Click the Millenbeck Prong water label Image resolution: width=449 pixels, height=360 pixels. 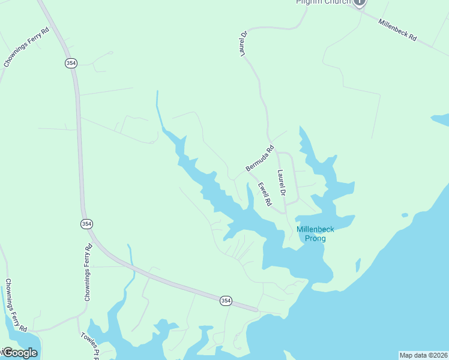click(315, 234)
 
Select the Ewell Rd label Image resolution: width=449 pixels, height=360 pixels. click(265, 194)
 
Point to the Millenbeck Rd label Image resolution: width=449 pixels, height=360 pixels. click(397, 29)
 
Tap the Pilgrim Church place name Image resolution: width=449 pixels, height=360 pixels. click(323, 2)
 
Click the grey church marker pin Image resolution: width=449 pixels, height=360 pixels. click(359, 2)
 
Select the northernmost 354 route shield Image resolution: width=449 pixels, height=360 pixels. click(71, 63)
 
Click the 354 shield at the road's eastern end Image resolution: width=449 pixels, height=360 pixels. click(225, 301)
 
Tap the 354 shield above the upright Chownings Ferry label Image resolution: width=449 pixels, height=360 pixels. click(86, 223)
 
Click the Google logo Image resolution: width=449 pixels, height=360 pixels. click(19, 353)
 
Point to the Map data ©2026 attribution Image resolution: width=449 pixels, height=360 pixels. click(423, 355)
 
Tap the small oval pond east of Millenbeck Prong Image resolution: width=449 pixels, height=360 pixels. click(405, 215)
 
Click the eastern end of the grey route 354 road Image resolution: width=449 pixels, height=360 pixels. click(256, 310)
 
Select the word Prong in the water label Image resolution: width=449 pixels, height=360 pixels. click(315, 239)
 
